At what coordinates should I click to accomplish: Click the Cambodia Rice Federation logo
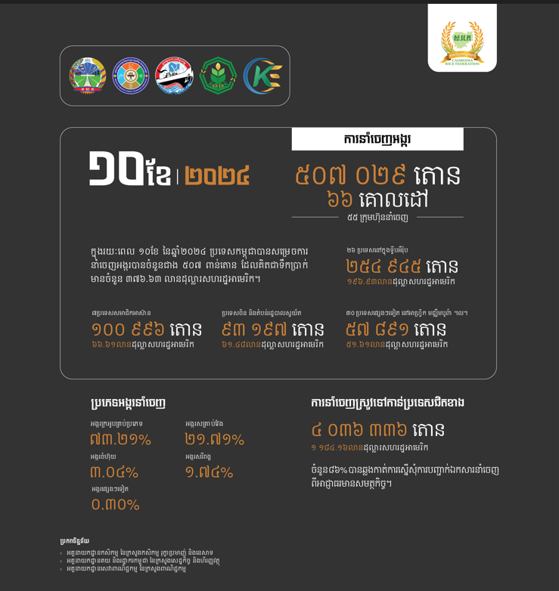tap(462, 39)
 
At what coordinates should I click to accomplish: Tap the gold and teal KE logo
tap(262, 76)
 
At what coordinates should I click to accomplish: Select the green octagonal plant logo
tap(219, 76)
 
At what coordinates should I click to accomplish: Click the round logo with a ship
tap(174, 76)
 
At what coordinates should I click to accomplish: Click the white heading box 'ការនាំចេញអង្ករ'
tap(377, 139)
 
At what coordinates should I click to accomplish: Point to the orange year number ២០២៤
tap(217, 175)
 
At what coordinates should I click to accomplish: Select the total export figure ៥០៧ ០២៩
tap(350, 175)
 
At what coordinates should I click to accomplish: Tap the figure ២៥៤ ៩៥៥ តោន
tap(402, 266)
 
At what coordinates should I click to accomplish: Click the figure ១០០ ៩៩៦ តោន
tap(146, 330)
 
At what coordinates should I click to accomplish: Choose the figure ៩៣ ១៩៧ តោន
tap(272, 330)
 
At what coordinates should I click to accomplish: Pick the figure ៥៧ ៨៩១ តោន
tap(396, 330)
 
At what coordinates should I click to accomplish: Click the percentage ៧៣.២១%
tap(120, 440)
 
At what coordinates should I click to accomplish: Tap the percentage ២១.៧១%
tap(215, 440)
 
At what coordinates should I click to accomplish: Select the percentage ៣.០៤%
tap(114, 472)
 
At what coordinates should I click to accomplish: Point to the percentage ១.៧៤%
tap(209, 472)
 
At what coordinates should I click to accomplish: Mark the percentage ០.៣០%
tap(115, 504)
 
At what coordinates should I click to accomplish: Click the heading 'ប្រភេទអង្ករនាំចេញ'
tap(128, 403)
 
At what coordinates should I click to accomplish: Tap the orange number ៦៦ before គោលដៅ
tap(340, 200)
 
